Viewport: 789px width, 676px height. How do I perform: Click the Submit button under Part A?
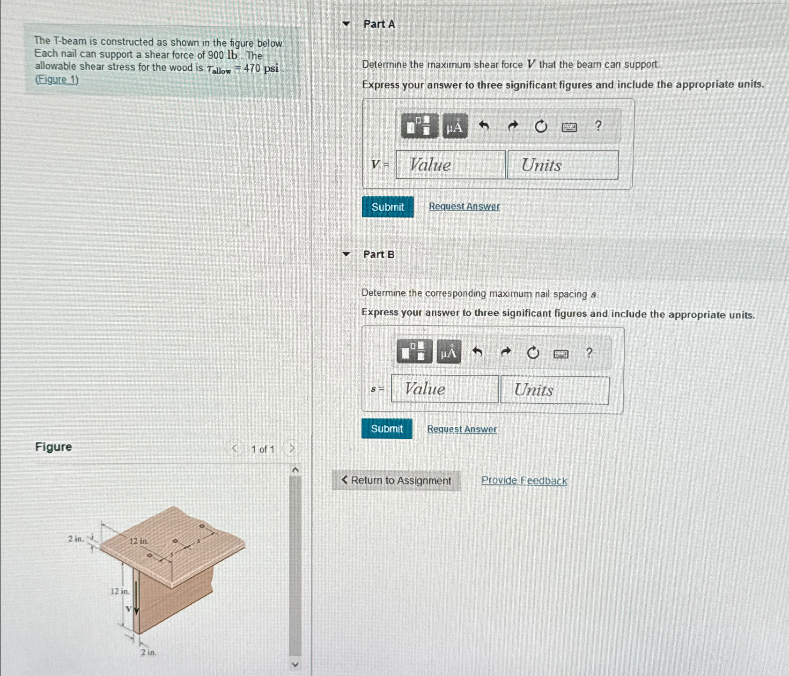point(388,207)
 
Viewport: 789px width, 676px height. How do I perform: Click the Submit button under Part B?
point(387,429)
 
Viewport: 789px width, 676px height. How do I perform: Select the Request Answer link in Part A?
point(464,207)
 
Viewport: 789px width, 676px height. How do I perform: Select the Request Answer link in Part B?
point(462,429)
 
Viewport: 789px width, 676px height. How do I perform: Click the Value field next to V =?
point(450,165)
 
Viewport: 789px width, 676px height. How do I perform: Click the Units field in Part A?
point(563,165)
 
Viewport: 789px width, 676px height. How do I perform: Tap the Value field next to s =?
point(445,389)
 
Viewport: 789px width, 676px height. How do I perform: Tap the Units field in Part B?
point(555,390)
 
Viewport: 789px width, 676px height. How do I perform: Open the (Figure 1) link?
point(57,79)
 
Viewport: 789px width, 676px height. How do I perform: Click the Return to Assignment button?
point(396,481)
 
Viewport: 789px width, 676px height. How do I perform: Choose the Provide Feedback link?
point(524,481)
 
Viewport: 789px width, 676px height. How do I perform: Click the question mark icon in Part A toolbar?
point(597,126)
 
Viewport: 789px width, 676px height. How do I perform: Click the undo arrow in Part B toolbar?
point(477,352)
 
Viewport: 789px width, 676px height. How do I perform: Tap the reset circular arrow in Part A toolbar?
point(541,126)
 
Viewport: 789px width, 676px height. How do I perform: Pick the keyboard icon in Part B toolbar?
point(561,354)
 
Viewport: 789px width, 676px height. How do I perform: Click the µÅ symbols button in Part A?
point(455,126)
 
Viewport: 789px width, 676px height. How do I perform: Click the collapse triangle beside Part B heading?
point(346,254)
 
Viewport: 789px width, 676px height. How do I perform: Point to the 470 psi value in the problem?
point(261,68)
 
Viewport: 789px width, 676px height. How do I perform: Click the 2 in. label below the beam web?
point(148,652)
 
